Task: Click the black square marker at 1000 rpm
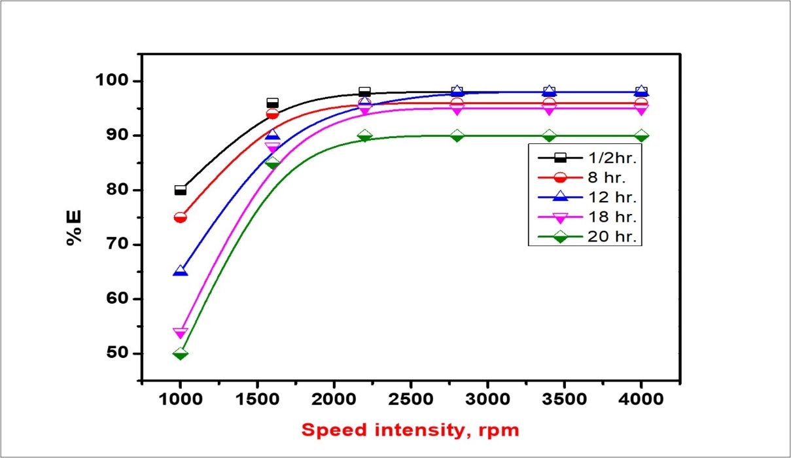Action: (180, 190)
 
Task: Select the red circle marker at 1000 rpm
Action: (180, 217)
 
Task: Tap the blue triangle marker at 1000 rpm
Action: (180, 271)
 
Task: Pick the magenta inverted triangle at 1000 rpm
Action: (180, 333)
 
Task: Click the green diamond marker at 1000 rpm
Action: (180, 353)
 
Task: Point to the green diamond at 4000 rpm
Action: (642, 136)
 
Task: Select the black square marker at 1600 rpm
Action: (272, 103)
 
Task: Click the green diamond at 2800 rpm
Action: (457, 136)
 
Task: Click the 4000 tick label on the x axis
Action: (642, 400)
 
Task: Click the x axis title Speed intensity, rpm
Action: (410, 431)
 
